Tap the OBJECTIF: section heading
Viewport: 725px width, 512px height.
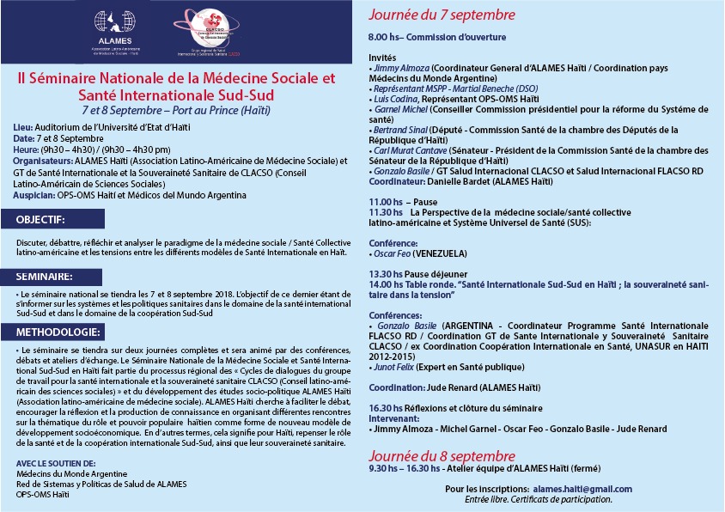(40, 221)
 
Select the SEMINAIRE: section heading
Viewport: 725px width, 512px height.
(44, 277)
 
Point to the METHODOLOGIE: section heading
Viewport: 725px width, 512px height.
(57, 332)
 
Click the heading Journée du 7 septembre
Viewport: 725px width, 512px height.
(442, 15)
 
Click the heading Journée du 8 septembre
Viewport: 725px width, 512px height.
(442, 455)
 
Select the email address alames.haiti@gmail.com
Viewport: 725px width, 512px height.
(588, 489)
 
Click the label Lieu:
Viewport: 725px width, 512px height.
(24, 128)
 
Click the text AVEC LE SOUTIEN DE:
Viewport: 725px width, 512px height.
(55, 463)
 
